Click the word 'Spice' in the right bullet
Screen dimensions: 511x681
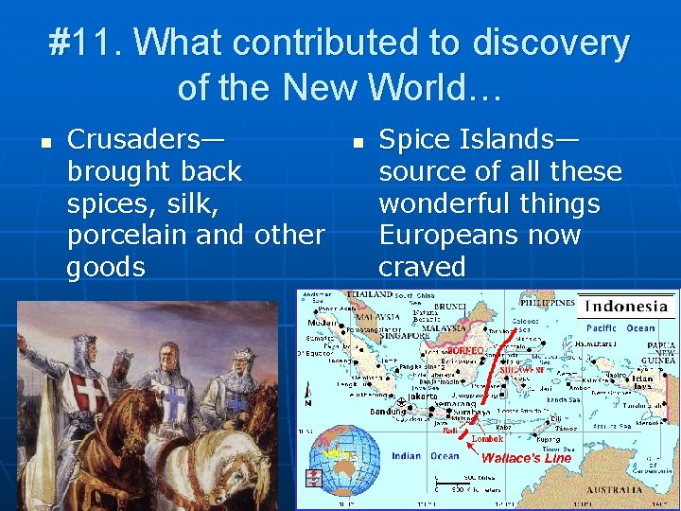[x=417, y=140]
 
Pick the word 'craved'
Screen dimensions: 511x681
[x=422, y=267]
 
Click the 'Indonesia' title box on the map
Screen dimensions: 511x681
[x=628, y=305]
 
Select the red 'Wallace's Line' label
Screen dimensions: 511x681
[x=526, y=458]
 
